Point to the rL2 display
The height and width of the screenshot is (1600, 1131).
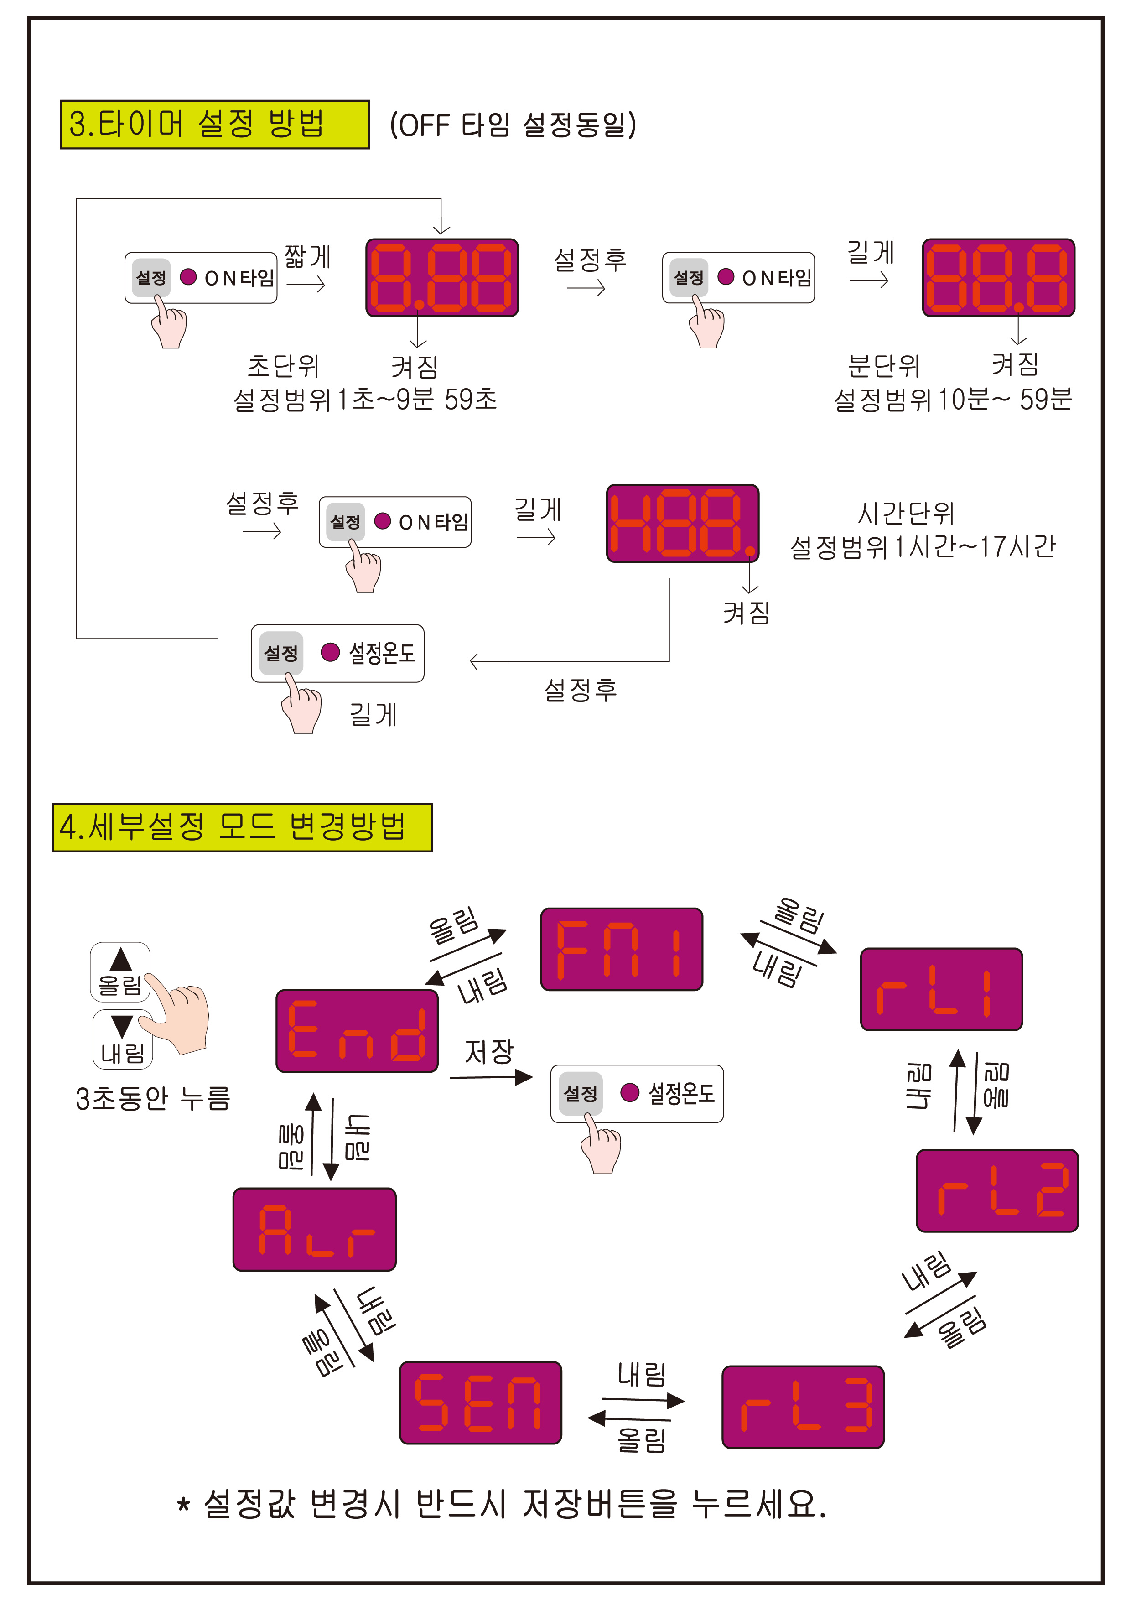click(x=996, y=1190)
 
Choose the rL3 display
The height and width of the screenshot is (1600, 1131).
click(x=803, y=1406)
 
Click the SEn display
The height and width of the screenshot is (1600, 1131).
click(x=480, y=1402)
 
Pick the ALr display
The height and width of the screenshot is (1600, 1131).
click(x=314, y=1229)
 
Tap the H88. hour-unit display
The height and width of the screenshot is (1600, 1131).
click(x=682, y=523)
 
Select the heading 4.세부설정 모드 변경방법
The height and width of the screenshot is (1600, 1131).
click(x=242, y=827)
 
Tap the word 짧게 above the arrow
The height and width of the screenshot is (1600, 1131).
click(x=307, y=256)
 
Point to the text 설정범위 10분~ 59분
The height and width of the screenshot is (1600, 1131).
click(x=953, y=399)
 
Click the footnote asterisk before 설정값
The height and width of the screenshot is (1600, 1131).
click(x=183, y=1505)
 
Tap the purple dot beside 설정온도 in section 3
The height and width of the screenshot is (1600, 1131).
click(x=330, y=652)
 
